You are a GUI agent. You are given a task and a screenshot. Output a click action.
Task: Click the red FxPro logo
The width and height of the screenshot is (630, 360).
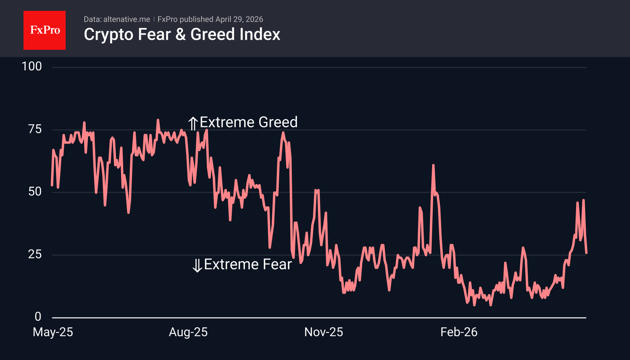click(45, 30)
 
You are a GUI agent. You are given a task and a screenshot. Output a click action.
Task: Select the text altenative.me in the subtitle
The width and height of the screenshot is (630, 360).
click(126, 19)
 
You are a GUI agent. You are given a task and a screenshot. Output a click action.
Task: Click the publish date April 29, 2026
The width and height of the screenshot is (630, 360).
click(239, 19)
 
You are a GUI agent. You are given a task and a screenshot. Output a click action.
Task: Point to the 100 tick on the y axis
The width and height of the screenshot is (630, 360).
click(32, 67)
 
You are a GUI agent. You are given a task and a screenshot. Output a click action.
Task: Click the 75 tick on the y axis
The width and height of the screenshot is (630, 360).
click(35, 129)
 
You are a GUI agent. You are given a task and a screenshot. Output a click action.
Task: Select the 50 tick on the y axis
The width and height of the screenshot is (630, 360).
click(35, 192)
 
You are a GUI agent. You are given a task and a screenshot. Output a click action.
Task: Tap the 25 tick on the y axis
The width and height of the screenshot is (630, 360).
click(35, 254)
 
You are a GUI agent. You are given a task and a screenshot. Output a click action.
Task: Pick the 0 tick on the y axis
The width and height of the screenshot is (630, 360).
click(38, 317)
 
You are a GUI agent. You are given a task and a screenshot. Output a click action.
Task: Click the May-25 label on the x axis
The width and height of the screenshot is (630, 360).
click(53, 332)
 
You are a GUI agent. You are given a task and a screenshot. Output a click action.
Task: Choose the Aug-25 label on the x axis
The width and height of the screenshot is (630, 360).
click(188, 332)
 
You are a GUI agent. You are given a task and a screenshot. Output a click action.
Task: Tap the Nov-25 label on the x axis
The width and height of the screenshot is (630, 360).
click(324, 332)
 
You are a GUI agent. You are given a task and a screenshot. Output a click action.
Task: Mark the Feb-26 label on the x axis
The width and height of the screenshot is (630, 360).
click(459, 332)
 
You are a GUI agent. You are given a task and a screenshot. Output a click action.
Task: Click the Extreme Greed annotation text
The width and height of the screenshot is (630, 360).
click(248, 122)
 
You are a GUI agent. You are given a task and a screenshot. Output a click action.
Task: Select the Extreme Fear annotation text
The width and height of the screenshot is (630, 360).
click(248, 265)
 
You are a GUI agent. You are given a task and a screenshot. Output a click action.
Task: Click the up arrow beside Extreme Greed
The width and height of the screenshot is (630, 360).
click(193, 123)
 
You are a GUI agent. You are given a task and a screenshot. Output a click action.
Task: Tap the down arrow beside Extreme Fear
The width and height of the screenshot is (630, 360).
click(197, 265)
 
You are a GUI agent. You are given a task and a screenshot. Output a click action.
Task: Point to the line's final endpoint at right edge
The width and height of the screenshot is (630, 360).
click(586, 253)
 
